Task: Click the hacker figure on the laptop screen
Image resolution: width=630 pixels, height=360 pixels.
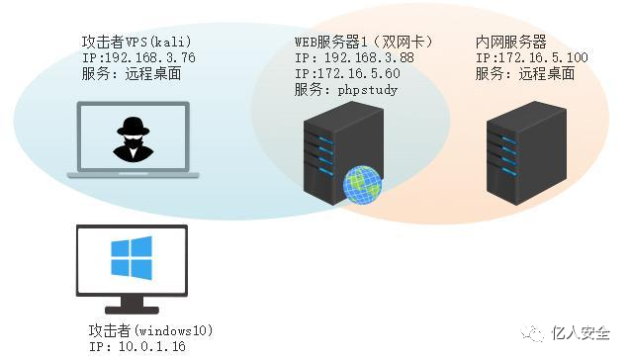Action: point(132,138)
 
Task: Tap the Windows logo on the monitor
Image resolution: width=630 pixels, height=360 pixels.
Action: point(130,259)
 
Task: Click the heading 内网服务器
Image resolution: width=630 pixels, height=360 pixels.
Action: point(511,43)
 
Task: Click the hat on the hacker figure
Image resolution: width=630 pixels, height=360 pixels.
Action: point(132,127)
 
